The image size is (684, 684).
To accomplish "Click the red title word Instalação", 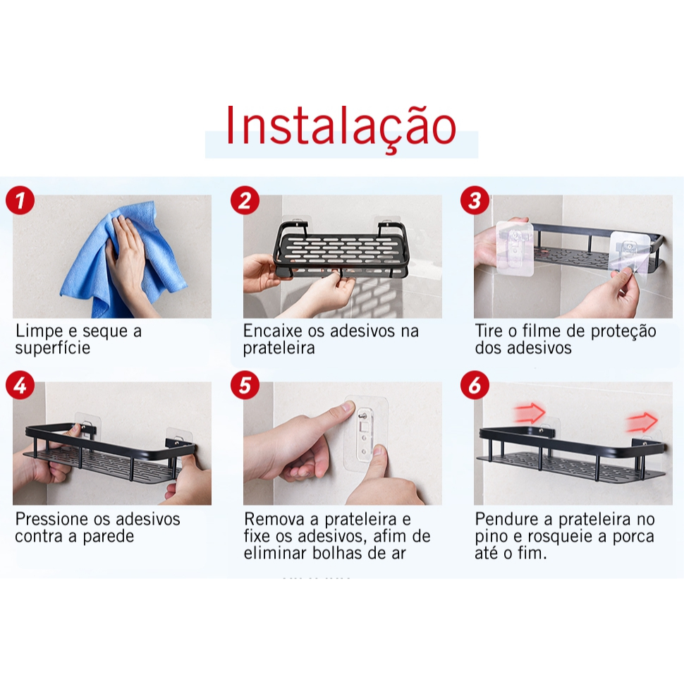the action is click(341, 126).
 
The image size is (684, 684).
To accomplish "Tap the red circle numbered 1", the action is click(20, 200).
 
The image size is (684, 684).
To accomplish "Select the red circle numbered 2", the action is click(245, 200).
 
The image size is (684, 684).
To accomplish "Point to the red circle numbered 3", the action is click(475, 200).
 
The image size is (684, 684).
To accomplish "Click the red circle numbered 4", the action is click(20, 385).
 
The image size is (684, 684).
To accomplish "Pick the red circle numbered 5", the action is click(245, 385).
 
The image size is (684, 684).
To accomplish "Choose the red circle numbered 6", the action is click(475, 385).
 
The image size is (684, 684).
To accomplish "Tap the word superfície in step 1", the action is click(53, 348).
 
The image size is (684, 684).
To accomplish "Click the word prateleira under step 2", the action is click(279, 348).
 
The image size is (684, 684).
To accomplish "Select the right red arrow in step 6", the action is click(642, 422).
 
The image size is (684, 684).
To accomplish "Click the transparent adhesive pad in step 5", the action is click(366, 433).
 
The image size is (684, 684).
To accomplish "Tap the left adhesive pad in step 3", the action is click(515, 249).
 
